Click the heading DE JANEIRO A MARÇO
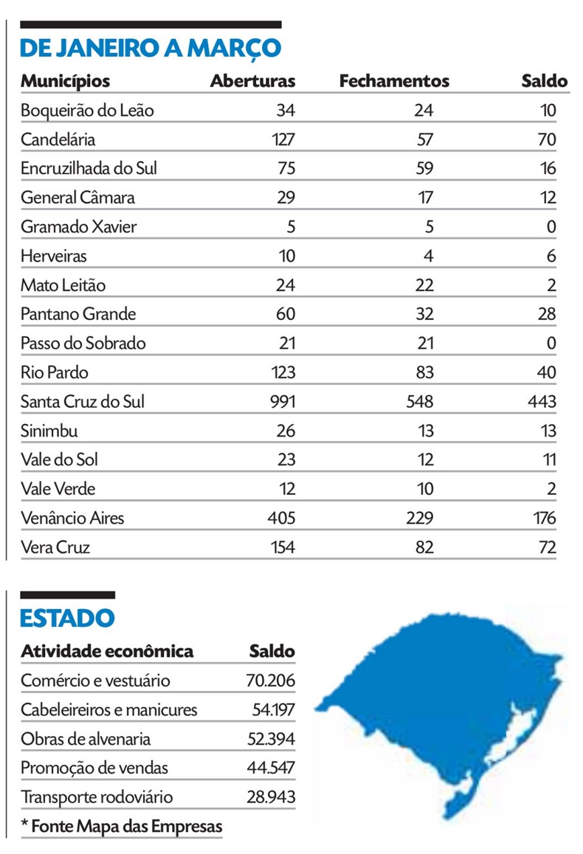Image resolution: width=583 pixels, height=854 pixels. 151,48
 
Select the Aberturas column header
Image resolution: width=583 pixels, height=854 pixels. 252,81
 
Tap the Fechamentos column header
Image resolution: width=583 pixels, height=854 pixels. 394,81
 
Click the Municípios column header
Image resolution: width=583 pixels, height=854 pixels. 65,81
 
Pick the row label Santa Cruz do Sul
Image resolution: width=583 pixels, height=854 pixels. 83,402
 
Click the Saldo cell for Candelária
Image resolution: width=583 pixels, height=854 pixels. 547,139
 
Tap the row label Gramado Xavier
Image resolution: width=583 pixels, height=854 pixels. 78,227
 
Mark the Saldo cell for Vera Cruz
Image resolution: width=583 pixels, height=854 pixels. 547,547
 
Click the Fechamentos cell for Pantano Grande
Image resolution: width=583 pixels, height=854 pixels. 424,314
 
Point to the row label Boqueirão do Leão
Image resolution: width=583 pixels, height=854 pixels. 87,111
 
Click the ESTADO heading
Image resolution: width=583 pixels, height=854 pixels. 67,618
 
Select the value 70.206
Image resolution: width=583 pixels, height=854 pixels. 270,680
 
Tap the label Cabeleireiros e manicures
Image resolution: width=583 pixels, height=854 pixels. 109,710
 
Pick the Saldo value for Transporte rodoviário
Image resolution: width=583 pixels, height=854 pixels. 270,797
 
